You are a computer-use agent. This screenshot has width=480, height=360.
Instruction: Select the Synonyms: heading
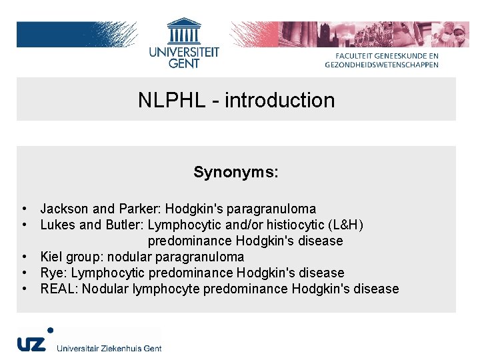236,172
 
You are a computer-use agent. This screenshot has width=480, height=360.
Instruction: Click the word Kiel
51,257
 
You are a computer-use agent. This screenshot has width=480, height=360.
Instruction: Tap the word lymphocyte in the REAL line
166,289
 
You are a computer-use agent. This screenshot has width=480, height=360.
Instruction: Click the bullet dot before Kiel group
24,257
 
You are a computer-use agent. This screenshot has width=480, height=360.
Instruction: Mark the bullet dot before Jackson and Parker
24,209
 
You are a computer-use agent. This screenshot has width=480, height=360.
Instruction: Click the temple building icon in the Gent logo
184,31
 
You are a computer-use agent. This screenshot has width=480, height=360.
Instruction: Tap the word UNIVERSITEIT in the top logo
184,53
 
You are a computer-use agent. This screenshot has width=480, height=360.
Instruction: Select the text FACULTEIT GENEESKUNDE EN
387,56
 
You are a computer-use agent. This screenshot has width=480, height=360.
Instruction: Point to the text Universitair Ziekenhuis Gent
109,348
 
